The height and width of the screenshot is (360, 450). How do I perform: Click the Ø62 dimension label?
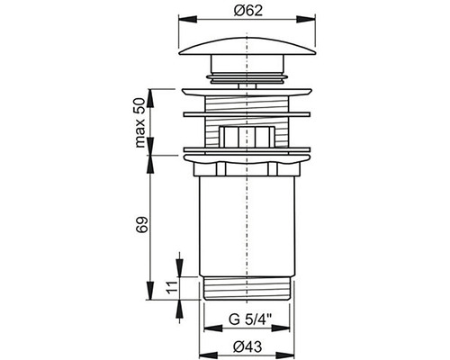[247, 11]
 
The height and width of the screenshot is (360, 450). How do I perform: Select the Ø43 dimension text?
[247, 347]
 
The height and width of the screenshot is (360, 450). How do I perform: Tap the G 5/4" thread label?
[250, 319]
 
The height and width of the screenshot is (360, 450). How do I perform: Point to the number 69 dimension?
[142, 224]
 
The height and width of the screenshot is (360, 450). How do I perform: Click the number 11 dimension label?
[171, 288]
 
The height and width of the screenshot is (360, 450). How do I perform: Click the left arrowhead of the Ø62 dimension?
[188, 20]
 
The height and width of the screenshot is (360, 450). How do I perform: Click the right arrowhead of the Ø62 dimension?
[306, 20]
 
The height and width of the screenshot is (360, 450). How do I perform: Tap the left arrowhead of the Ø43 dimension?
[208, 355]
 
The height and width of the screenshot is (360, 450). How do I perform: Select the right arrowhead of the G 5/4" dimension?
[281, 328]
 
